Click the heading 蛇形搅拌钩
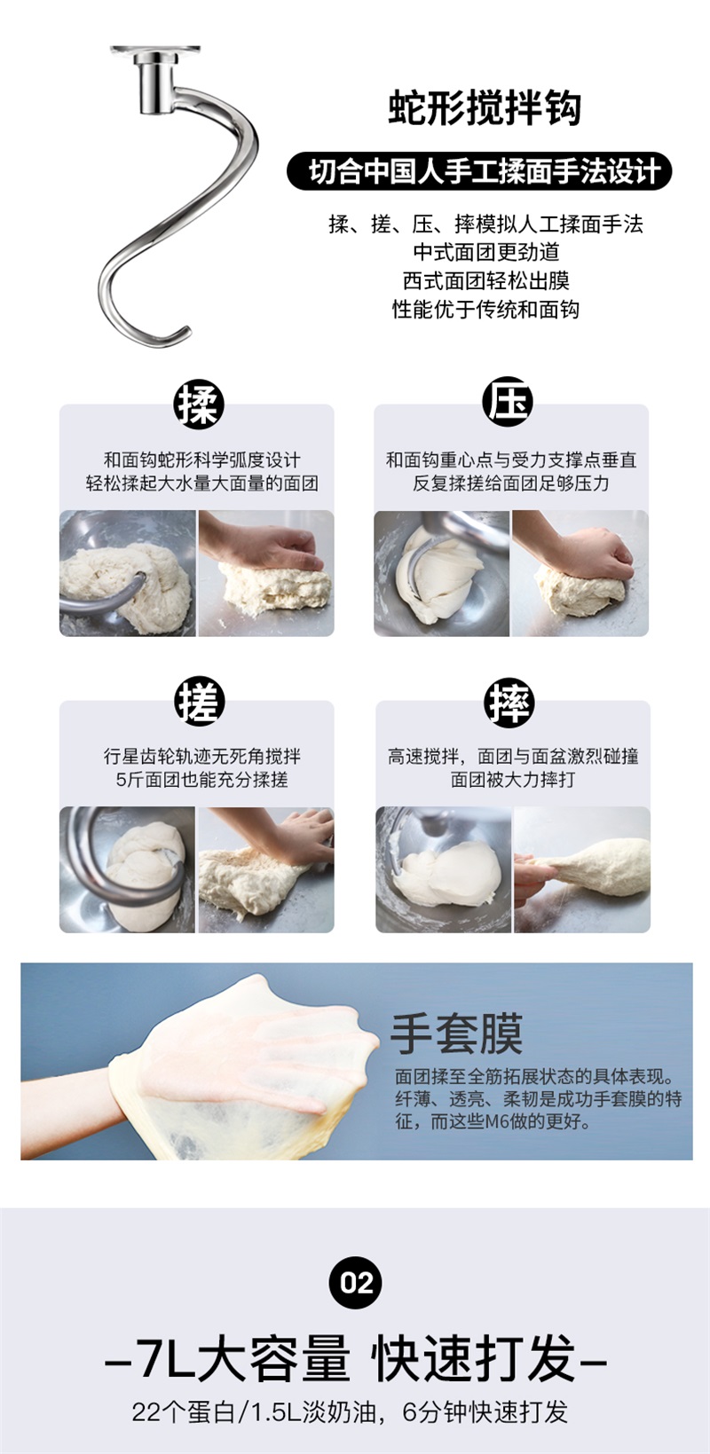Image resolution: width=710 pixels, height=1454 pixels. point(484,108)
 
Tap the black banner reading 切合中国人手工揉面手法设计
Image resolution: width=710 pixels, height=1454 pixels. point(479,171)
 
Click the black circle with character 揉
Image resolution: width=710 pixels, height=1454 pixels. point(199,404)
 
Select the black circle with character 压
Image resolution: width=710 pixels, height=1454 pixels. point(508,401)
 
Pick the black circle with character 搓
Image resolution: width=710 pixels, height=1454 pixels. point(200,701)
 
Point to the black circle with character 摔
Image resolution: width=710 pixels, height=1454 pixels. point(509,703)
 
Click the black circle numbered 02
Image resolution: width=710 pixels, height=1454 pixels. point(356,1283)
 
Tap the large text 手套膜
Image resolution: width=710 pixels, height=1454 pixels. point(456,1034)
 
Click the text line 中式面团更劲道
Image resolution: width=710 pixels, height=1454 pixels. point(485,252)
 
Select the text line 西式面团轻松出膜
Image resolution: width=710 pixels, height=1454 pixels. point(485,280)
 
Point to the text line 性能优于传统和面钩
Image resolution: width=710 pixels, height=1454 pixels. point(485,309)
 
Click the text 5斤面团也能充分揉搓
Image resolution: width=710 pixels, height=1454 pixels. point(202,779)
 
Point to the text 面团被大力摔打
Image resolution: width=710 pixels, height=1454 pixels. point(513,779)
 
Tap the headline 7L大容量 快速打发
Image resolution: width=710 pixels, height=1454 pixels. point(356,1358)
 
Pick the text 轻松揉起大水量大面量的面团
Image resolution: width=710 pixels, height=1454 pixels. point(202,483)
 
